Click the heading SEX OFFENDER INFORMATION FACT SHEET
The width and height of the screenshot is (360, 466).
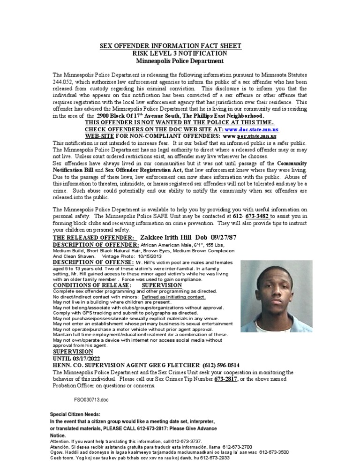tap(171, 45)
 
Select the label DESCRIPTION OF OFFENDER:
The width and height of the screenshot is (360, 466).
tap(96, 245)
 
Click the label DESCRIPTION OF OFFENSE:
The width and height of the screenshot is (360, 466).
tap(94, 262)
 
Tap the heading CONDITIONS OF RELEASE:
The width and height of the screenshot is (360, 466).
tap(92, 285)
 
